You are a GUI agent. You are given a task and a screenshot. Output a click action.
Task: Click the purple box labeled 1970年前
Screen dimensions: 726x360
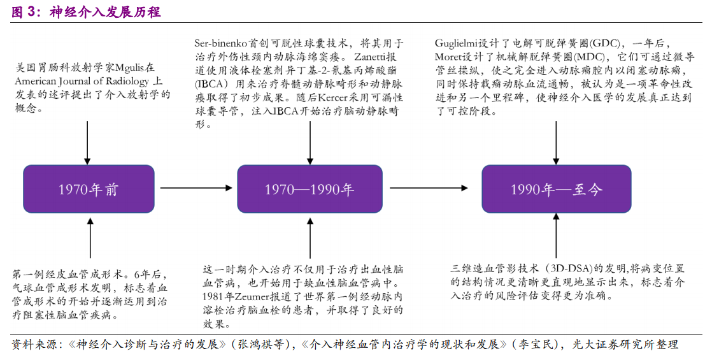(x=89, y=189)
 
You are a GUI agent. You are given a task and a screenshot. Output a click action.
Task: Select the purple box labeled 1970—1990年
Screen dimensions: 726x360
(x=310, y=189)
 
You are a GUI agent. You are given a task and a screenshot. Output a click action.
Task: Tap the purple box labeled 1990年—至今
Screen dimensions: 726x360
(x=556, y=189)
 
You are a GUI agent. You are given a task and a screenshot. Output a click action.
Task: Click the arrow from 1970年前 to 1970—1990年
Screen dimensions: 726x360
(x=196, y=187)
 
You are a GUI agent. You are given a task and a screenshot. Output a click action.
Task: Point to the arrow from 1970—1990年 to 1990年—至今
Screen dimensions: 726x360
(x=429, y=187)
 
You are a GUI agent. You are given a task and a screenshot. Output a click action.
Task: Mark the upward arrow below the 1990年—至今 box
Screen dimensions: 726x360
(x=556, y=238)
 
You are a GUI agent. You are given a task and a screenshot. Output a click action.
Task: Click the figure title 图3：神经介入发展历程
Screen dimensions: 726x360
(x=86, y=12)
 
